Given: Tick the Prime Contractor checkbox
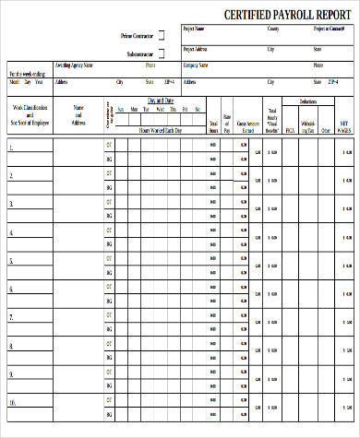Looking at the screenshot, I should pyautogui.click(x=162, y=35).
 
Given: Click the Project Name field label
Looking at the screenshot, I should pyautogui.click(x=195, y=29).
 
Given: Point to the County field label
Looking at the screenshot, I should pyautogui.click(x=272, y=29).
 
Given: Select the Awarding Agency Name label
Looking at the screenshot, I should pyautogui.click(x=75, y=65).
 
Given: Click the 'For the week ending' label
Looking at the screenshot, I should pyautogui.click(x=27, y=73).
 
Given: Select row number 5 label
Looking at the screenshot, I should pyautogui.click(x=11, y=261).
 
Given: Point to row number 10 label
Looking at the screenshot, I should pyautogui.click(x=13, y=402).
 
